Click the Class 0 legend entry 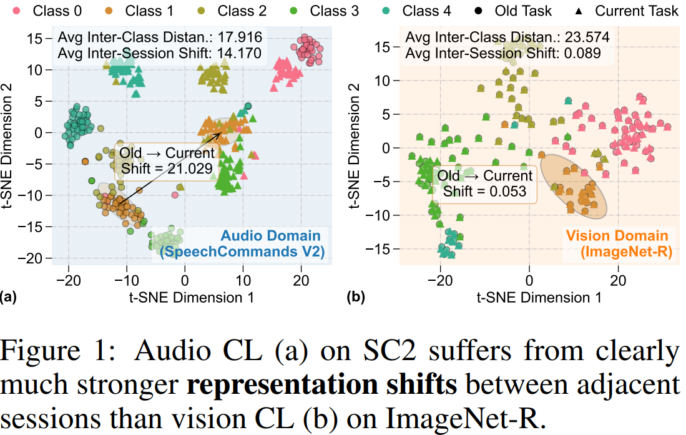47,11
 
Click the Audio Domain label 270,235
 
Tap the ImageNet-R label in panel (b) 626,252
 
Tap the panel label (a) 8,297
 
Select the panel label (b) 355,297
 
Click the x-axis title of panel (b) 539,298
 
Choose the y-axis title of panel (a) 7,146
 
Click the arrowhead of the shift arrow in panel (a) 218,134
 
